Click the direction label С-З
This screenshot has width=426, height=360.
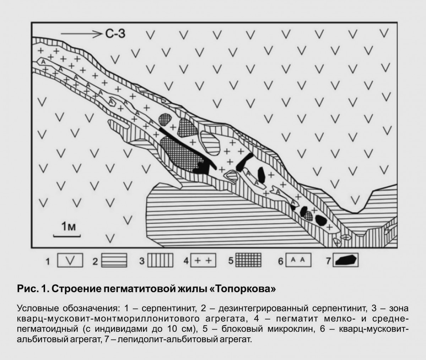tap(115, 34)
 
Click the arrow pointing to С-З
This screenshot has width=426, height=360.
tap(81, 34)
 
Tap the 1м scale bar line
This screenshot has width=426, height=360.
tap(67, 236)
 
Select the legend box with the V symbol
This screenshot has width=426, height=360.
tap(70, 260)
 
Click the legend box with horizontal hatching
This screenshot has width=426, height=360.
tap(114, 260)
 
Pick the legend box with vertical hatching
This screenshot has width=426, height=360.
tap(160, 260)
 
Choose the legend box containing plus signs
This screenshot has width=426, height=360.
tap(203, 260)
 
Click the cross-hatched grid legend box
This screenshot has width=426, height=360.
tap(248, 260)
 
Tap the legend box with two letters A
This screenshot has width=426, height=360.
tap(298, 260)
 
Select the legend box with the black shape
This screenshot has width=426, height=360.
tap(345, 260)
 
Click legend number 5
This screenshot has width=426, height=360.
tap(231, 261)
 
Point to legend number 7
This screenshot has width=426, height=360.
tap(328, 261)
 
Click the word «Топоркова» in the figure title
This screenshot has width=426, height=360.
tap(242, 289)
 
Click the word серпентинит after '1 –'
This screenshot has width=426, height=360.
tap(169, 308)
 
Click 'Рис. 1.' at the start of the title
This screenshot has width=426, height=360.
tap(33, 289)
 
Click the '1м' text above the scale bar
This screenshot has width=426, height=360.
tap(69, 227)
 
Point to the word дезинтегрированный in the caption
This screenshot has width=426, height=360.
tap(263, 308)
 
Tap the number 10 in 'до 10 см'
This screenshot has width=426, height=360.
tap(169, 328)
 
